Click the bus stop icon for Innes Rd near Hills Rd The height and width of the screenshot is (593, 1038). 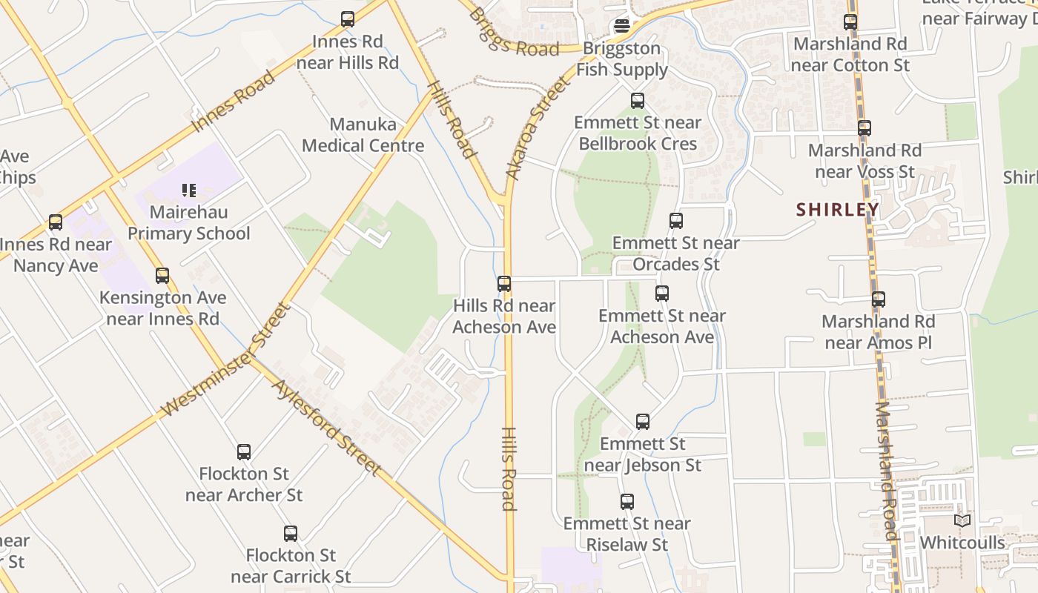(x=348, y=19)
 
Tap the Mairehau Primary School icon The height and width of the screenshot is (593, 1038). (x=189, y=191)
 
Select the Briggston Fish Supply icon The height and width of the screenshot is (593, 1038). (x=622, y=27)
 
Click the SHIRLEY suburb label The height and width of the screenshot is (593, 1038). (x=838, y=210)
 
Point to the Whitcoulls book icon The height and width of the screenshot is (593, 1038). (x=962, y=521)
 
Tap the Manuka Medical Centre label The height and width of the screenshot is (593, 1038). (x=363, y=135)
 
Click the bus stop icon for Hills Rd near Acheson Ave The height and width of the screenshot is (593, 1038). (x=504, y=283)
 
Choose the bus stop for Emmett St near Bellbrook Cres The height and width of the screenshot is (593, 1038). (x=638, y=101)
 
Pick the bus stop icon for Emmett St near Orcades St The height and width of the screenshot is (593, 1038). (x=676, y=221)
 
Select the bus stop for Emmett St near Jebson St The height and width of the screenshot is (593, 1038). (x=643, y=422)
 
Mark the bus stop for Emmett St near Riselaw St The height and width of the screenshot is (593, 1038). (x=627, y=502)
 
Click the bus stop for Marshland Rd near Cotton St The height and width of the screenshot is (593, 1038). (x=850, y=22)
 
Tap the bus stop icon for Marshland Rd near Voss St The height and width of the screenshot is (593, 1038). (x=865, y=128)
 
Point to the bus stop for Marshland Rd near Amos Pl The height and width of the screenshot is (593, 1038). (x=879, y=299)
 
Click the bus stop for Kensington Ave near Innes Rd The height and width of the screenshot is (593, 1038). (x=162, y=276)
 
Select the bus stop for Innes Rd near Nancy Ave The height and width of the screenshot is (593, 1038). (x=56, y=222)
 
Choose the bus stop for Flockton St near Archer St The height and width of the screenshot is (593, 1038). (x=244, y=452)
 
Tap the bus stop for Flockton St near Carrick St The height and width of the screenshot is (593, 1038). (x=291, y=534)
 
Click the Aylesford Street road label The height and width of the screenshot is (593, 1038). (x=326, y=428)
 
